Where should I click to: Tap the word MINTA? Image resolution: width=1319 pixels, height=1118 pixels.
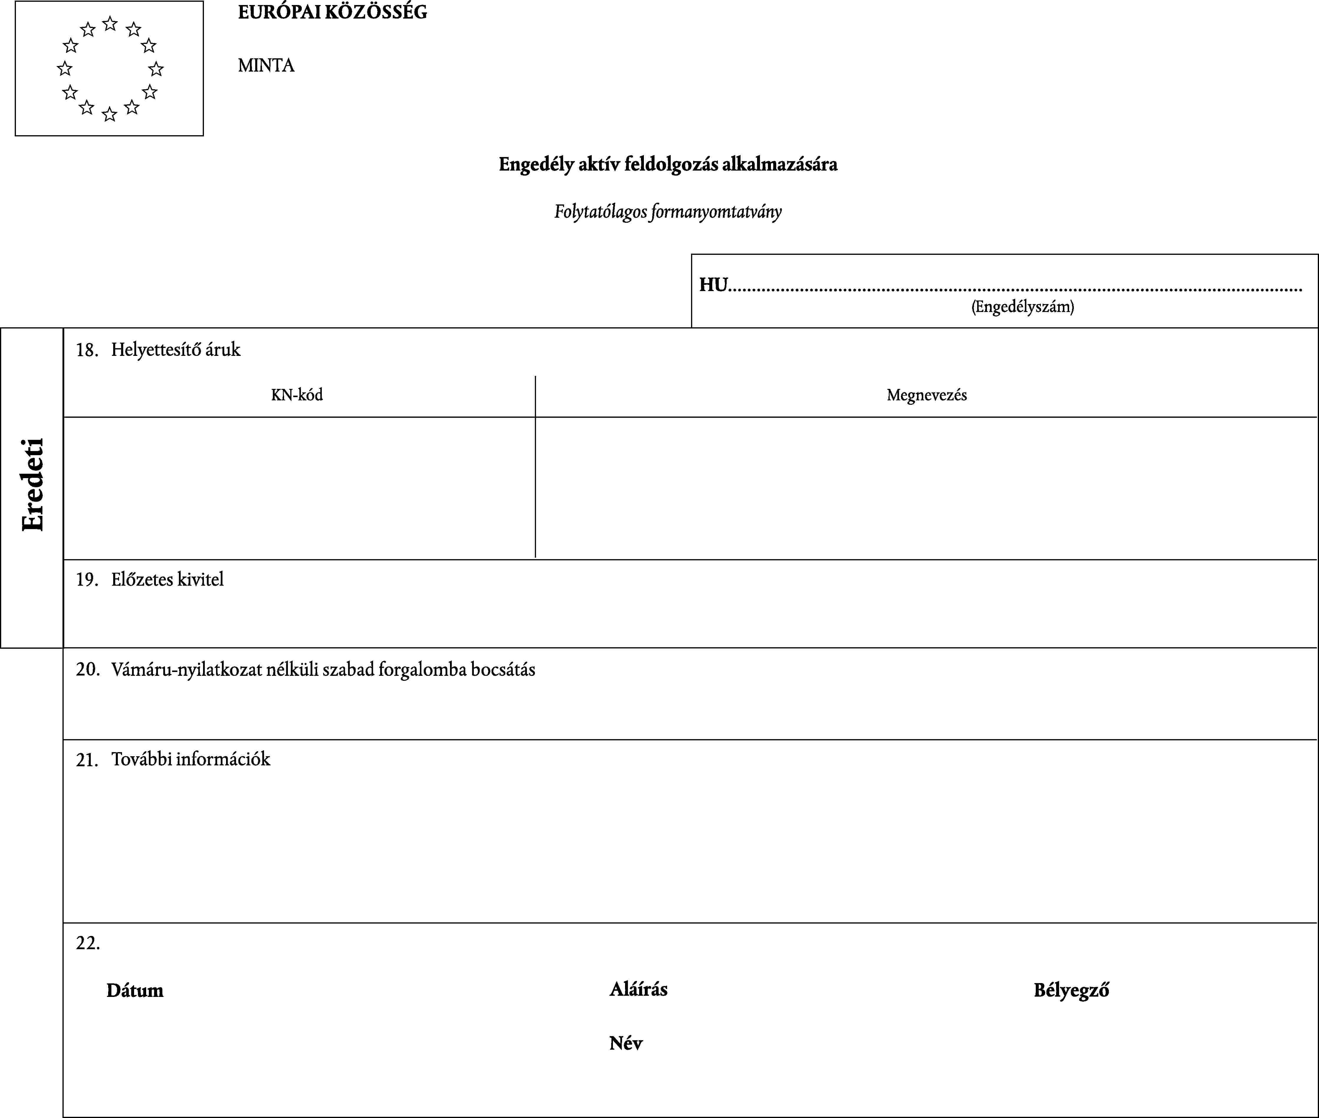266,65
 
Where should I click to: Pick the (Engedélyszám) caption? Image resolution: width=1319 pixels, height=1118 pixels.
1022,307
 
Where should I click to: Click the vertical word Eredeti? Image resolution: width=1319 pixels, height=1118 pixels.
33,485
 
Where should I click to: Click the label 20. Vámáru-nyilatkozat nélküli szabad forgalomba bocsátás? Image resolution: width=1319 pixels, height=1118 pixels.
306,669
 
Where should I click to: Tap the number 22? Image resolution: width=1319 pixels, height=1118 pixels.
88,943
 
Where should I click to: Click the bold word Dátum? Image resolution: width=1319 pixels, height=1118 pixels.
135,990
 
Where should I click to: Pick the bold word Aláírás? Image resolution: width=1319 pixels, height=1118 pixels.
638,989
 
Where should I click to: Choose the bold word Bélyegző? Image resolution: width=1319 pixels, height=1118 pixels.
1071,990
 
